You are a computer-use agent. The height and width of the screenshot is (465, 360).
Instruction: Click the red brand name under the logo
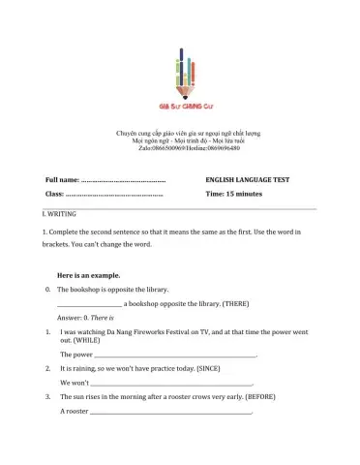pyautogui.click(x=180, y=108)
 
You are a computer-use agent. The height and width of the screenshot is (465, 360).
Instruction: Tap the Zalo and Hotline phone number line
pyautogui.click(x=180, y=147)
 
